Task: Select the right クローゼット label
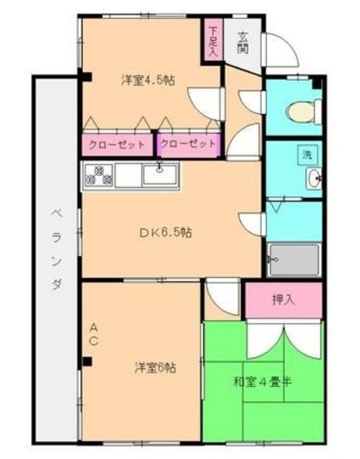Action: tap(188, 144)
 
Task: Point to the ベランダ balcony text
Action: tap(55, 247)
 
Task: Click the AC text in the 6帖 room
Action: tap(93, 335)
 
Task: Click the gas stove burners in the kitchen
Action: tap(99, 175)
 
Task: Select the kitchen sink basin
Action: tap(159, 174)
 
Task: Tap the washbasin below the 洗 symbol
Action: tap(313, 179)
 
